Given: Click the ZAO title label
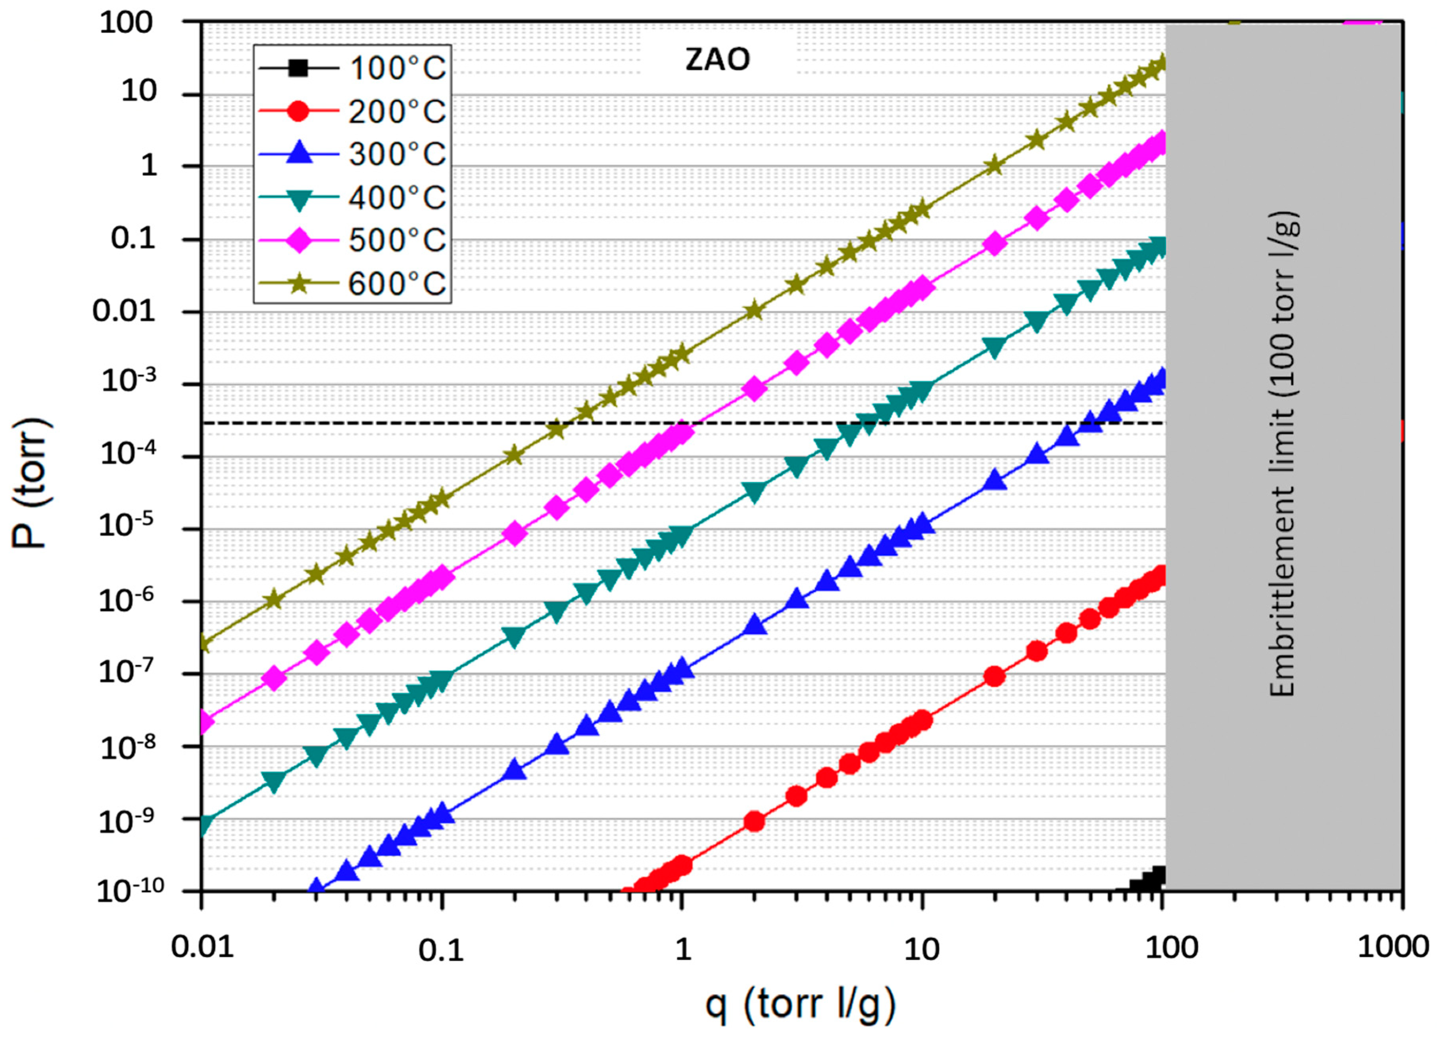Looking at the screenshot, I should pyautogui.click(x=718, y=60).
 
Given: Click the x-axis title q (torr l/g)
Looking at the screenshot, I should pyautogui.click(x=801, y=1004).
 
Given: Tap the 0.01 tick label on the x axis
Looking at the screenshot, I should pyautogui.click(x=202, y=948).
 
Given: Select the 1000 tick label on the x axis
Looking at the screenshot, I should pyautogui.click(x=1392, y=948).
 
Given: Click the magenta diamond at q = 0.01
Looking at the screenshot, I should pyautogui.click(x=203, y=721).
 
